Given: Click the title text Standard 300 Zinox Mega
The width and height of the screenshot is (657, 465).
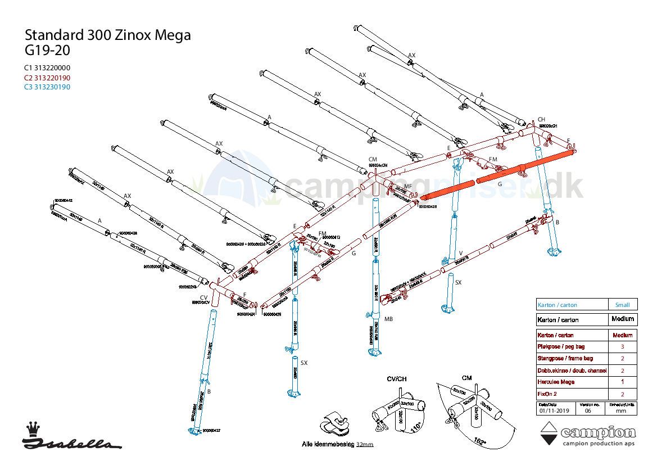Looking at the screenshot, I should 107,35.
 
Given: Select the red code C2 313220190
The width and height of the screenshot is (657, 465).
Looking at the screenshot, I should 47,78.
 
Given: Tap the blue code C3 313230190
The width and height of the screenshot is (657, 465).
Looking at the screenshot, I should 47,87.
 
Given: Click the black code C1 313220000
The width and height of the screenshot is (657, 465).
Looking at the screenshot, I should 47,68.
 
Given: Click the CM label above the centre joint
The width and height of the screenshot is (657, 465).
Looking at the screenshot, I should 372,160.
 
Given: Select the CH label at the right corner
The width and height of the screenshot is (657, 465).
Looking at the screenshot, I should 541,119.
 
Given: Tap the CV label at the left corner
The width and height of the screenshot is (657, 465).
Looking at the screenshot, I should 203,297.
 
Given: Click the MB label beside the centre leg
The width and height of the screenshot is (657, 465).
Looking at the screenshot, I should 388,319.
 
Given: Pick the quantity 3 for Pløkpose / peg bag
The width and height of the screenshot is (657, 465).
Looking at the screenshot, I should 622,347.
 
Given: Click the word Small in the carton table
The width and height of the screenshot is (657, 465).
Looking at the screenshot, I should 622,305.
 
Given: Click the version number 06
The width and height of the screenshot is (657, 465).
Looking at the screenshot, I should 588,410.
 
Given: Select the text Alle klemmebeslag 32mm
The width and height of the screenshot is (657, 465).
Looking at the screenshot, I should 337,444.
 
